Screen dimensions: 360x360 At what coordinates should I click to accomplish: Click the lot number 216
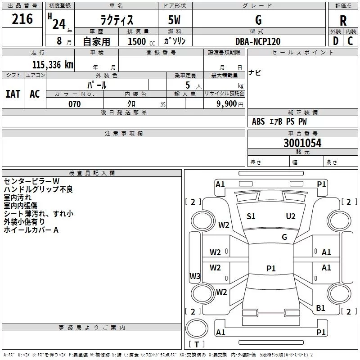click(22, 19)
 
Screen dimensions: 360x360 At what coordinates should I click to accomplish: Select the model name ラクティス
click(117, 21)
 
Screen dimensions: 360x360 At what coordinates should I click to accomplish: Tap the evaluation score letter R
click(343, 21)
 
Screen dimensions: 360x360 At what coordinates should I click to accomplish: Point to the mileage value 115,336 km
click(53, 64)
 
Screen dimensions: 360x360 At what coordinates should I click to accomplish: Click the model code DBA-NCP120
click(258, 41)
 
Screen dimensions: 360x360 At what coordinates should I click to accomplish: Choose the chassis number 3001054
click(302, 143)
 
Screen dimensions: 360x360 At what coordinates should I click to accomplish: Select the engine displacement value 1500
click(137, 42)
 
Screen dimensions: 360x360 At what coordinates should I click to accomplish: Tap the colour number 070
click(74, 104)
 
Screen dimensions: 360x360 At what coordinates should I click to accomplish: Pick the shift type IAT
click(13, 94)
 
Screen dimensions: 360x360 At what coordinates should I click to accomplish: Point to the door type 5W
click(174, 21)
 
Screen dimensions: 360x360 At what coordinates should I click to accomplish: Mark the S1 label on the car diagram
click(251, 216)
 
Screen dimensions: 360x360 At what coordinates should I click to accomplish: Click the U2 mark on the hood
click(291, 216)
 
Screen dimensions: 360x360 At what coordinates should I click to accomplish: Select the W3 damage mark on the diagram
click(194, 276)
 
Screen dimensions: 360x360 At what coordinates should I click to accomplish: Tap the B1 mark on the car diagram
click(320, 308)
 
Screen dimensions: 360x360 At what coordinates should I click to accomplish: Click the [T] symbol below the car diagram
click(196, 344)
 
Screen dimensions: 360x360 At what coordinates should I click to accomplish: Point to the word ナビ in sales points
click(255, 73)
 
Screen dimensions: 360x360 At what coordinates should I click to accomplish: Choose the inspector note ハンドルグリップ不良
click(38, 189)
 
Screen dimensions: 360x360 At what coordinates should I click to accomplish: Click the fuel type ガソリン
click(175, 41)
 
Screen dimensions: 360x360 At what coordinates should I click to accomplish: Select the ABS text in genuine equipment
click(258, 121)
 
